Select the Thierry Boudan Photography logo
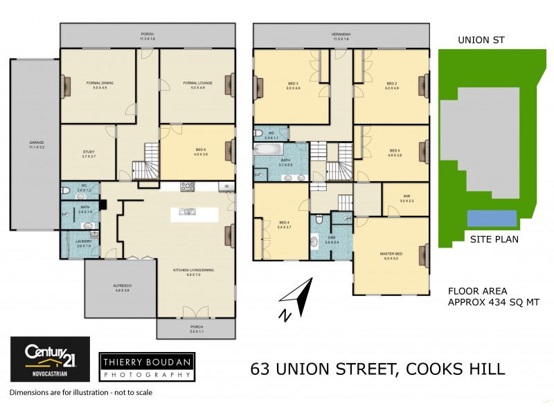coord(146,367)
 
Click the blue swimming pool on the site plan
coord(492,219)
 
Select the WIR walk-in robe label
coord(406,199)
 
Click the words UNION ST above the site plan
coord(479,40)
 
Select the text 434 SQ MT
coord(513,302)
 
